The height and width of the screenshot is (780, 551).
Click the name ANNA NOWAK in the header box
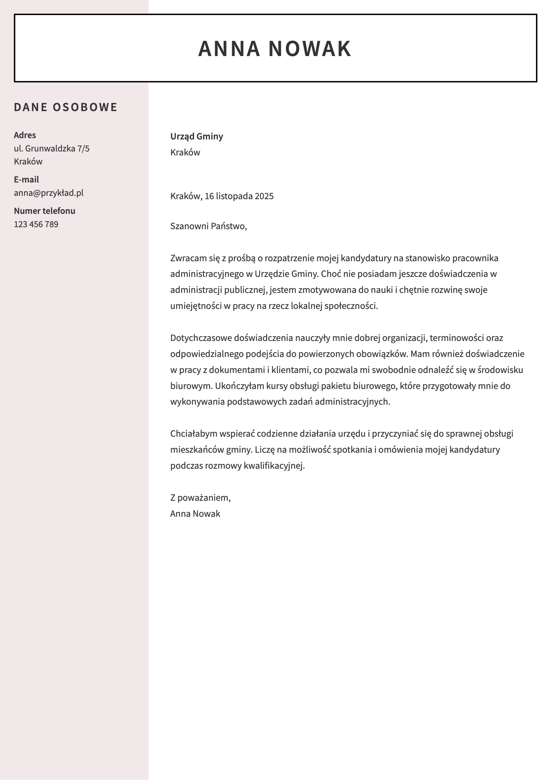coord(274,48)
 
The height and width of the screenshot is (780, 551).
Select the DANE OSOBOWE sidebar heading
coord(66,107)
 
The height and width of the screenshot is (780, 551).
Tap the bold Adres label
coord(25,135)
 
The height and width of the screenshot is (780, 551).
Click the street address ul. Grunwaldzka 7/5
coord(52,148)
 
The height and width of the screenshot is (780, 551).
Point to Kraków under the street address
coord(28,162)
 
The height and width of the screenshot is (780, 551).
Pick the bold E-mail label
coord(26,179)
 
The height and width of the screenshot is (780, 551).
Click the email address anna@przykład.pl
coord(49,193)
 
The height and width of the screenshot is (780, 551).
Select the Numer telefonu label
coord(44,211)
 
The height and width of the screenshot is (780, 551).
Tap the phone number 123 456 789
coord(36,224)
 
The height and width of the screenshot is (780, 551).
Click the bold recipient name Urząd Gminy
coord(197,136)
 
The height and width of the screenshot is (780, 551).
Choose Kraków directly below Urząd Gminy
coord(185,152)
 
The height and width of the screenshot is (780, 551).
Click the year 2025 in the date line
coord(264,197)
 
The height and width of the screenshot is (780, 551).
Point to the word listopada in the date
coord(234,197)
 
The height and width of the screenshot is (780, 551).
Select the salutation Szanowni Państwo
coord(208,226)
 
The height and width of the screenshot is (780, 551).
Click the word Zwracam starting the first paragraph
coord(188,258)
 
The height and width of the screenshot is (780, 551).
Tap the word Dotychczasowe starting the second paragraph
coord(201,338)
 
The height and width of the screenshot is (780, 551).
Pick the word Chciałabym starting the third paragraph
coord(194,434)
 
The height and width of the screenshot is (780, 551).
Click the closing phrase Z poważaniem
coord(200,498)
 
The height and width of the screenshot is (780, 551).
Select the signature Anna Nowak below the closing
coord(195,514)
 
